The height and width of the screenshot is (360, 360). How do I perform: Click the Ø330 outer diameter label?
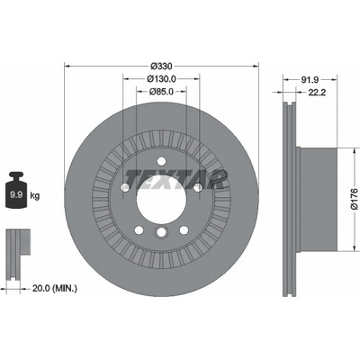(x=162, y=66)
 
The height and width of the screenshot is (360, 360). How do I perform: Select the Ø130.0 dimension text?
(x=161, y=79)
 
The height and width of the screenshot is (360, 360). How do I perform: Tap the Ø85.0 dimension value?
(x=161, y=92)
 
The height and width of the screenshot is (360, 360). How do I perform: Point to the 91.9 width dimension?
(x=310, y=79)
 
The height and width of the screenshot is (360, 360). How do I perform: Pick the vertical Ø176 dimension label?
(x=355, y=199)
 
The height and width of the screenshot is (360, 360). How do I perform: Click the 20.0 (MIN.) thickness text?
(x=55, y=289)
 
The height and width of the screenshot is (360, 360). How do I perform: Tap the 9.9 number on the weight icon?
(x=15, y=195)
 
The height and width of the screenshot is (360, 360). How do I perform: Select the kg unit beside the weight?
(x=35, y=196)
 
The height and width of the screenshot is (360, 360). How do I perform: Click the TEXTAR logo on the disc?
(x=175, y=179)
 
